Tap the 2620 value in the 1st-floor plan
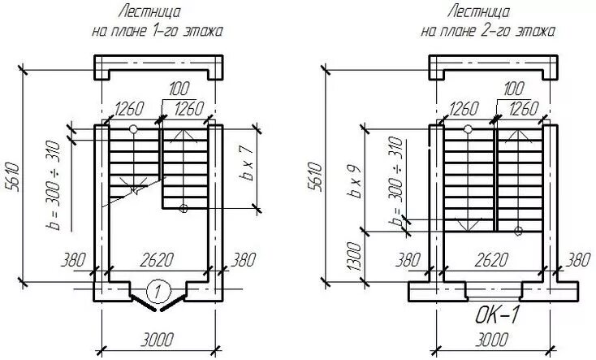pos(158,260)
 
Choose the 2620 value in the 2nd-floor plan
pos(491,260)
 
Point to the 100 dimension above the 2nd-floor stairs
pos(513,88)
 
